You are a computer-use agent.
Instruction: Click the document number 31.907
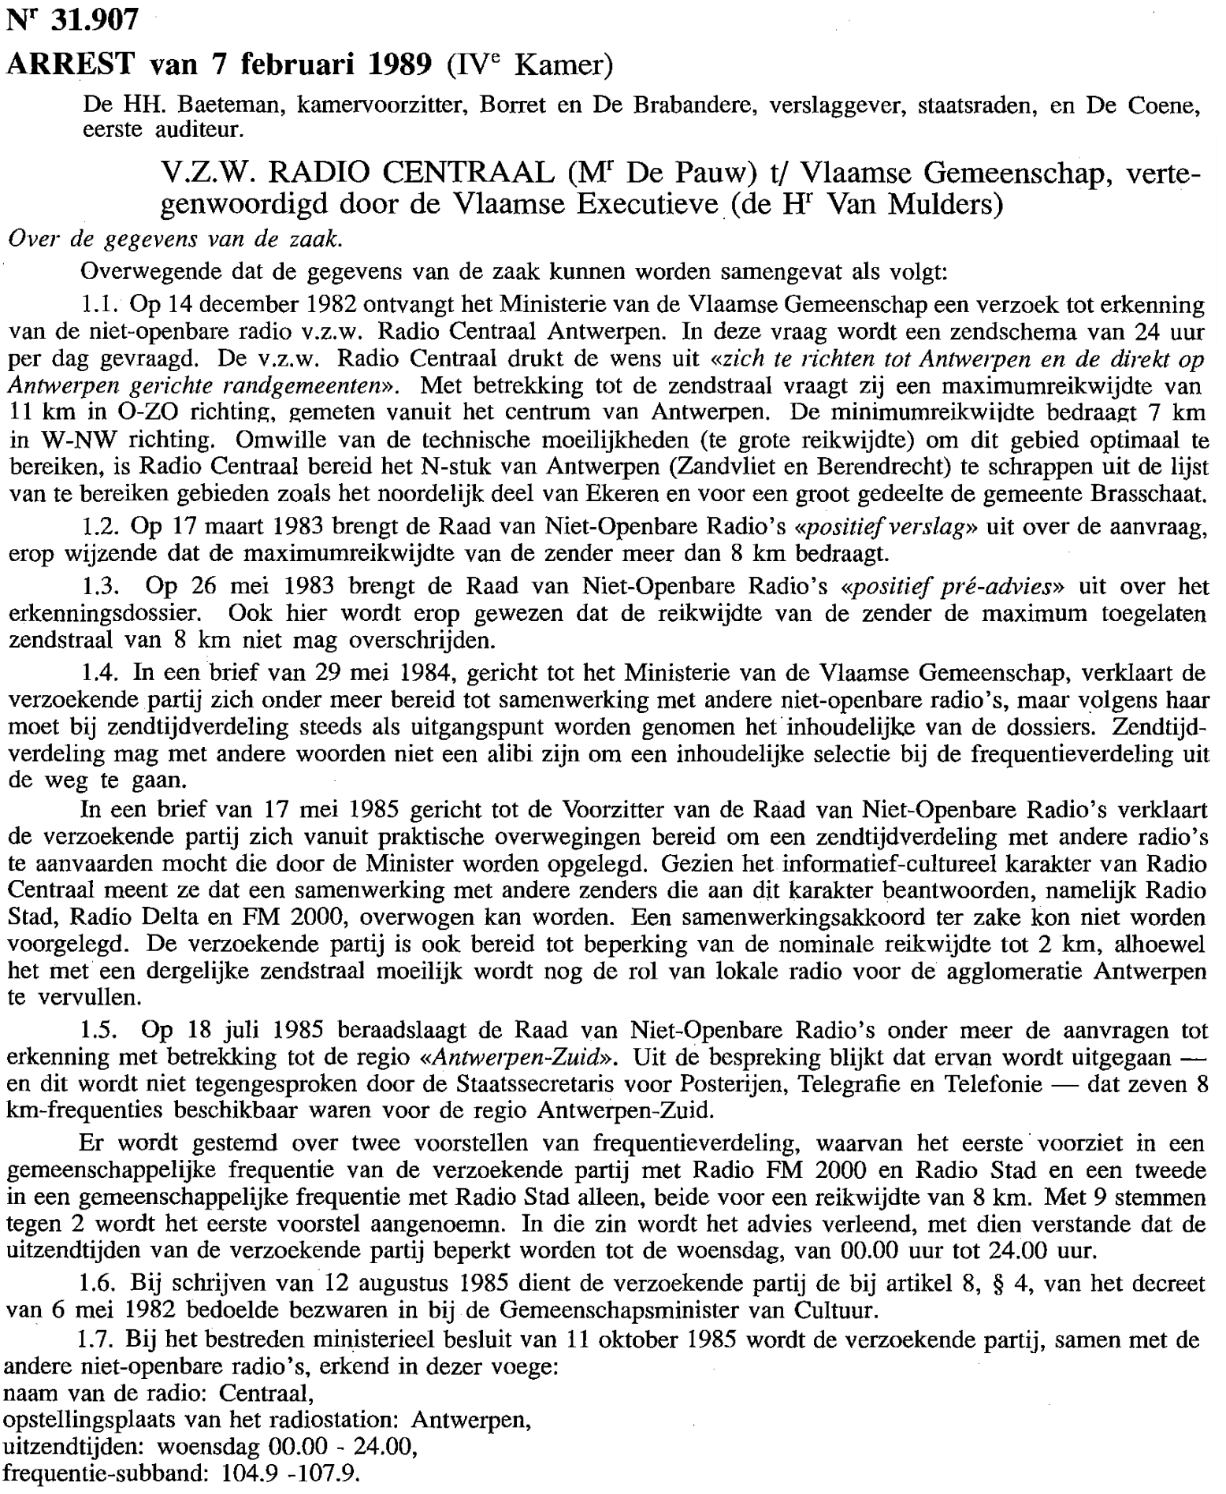(x=94, y=20)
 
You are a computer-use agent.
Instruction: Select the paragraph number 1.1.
(x=100, y=305)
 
